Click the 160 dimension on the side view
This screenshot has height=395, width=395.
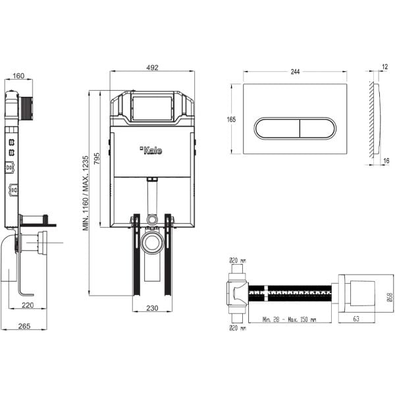point(18,76)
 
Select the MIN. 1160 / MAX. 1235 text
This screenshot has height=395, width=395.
point(86,193)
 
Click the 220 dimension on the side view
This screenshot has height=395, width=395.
point(27,305)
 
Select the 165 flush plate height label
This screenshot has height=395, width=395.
point(231,119)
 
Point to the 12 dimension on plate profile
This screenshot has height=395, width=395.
point(384,66)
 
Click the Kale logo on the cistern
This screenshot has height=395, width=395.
point(152,150)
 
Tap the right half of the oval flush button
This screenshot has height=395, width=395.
point(315,128)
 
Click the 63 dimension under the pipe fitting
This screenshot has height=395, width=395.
point(356,319)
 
